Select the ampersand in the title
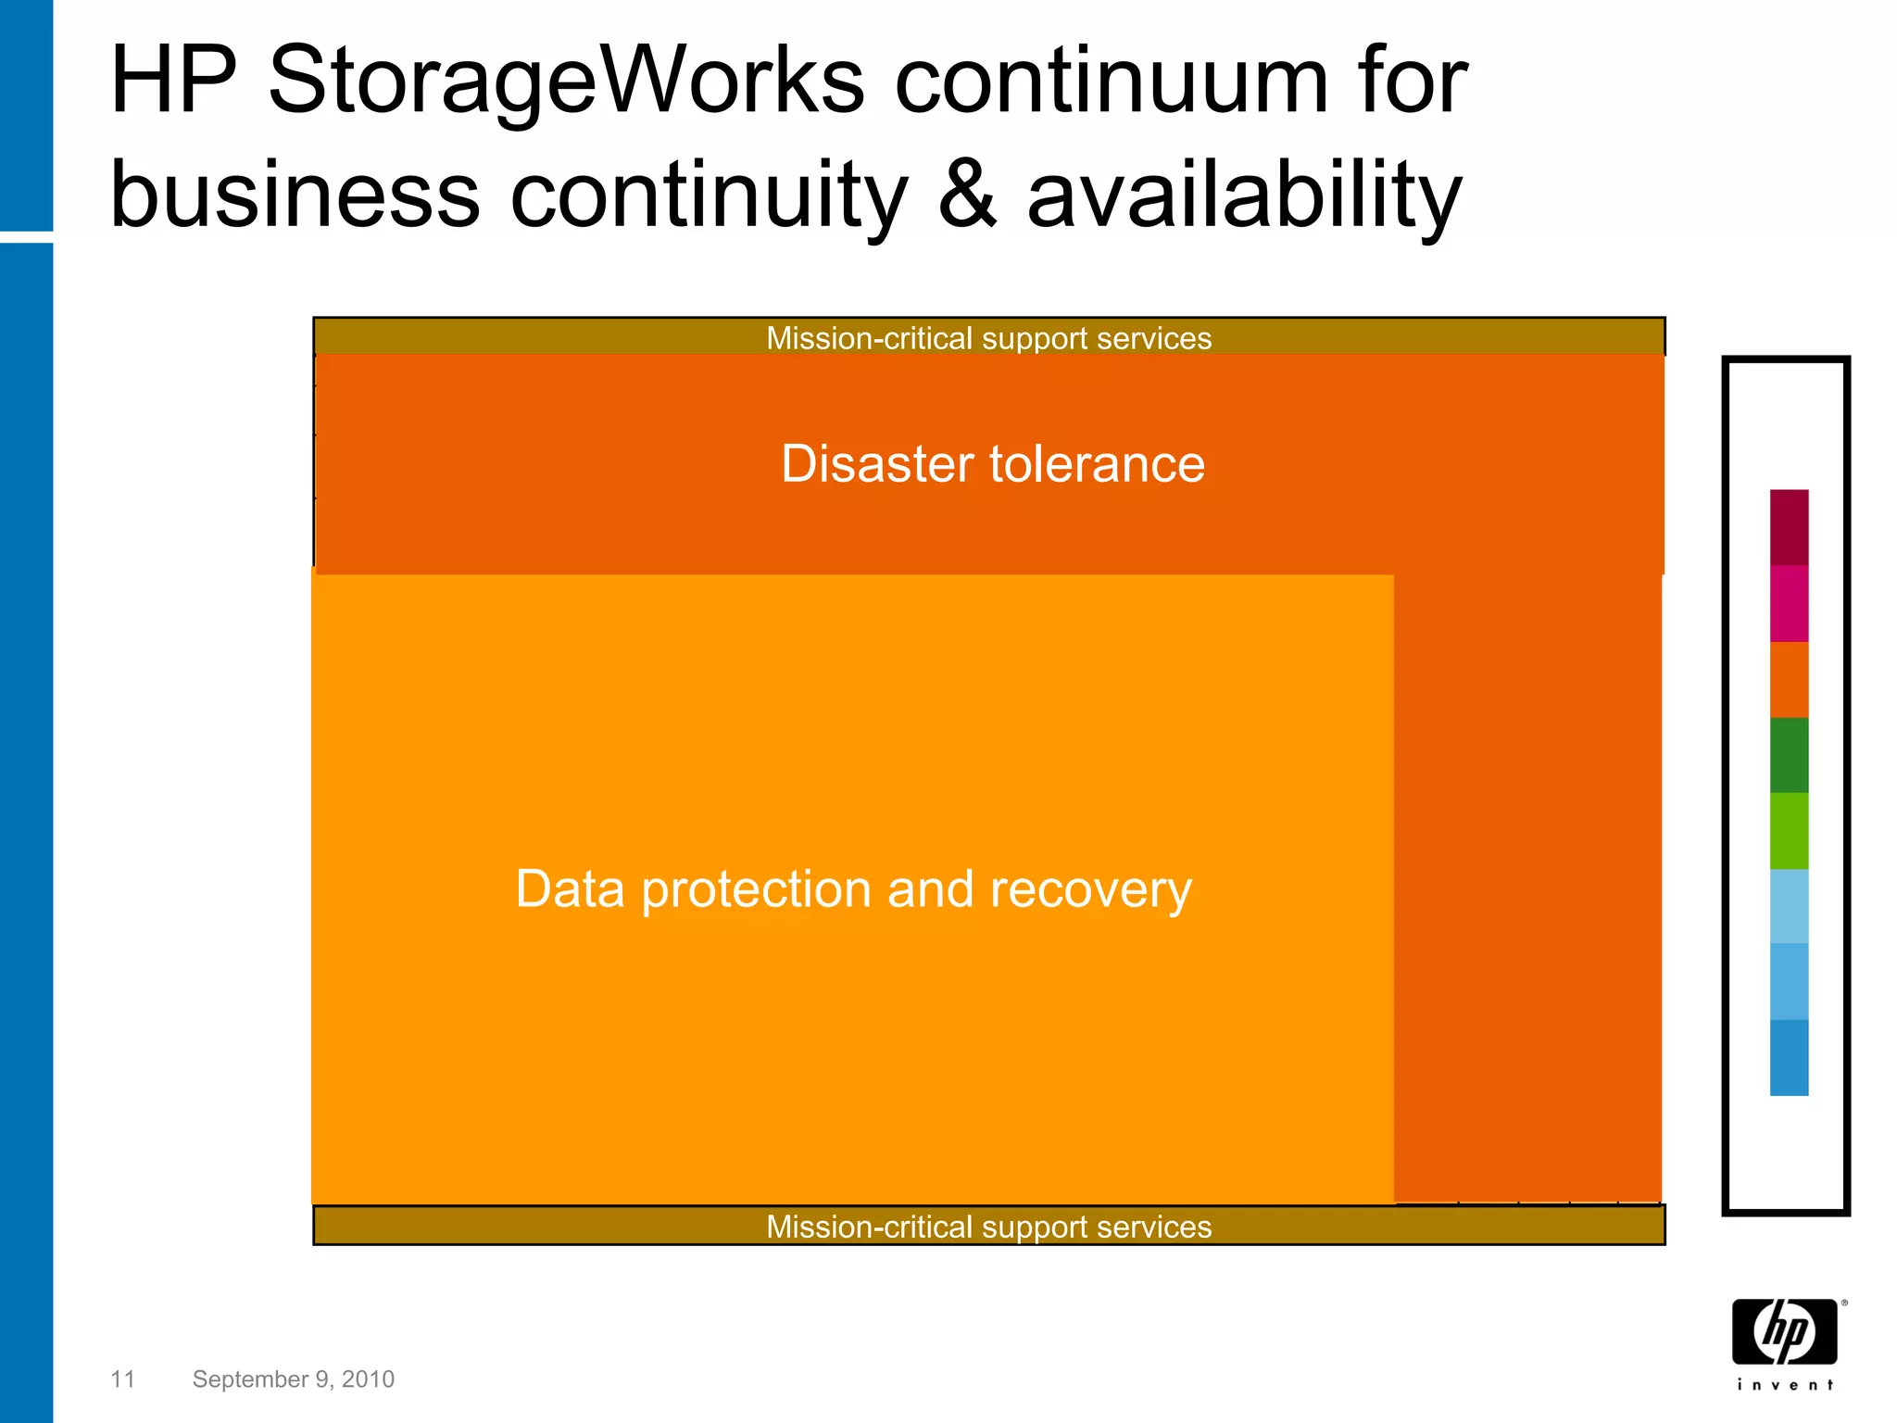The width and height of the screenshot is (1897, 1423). (967, 195)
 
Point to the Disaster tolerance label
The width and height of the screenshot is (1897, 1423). (992, 464)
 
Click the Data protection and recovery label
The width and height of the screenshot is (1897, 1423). (853, 889)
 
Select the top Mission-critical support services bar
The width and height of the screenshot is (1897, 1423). (988, 338)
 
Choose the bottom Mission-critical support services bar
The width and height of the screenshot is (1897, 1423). (988, 1227)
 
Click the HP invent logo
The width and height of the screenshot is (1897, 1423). (1785, 1341)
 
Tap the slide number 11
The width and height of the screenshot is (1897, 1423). (122, 1379)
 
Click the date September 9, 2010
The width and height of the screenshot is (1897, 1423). (293, 1379)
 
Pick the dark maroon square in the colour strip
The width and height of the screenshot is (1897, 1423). (1789, 527)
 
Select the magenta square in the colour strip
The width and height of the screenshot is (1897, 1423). (1789, 603)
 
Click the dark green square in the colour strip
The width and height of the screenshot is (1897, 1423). (1789, 755)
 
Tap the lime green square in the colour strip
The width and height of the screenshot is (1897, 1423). (1789, 831)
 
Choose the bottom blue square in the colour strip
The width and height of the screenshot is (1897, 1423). (1789, 1058)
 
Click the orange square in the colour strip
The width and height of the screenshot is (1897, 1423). (1789, 679)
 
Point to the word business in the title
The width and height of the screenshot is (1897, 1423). (295, 195)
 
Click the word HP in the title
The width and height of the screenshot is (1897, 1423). (173, 82)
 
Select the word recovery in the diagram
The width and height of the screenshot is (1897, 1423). (1090, 889)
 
